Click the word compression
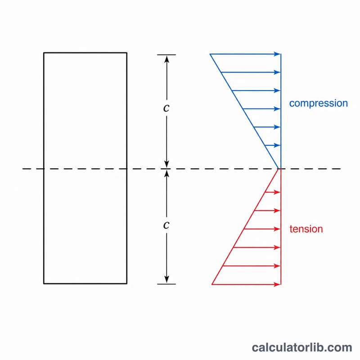[319, 103]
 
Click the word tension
[306, 229]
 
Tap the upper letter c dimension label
[166, 108]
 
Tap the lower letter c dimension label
[166, 225]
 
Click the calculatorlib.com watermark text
[302, 347]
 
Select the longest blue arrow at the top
[245, 54]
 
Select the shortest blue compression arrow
[273, 145]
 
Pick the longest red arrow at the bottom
[246, 284]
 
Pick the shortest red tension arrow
[273, 192]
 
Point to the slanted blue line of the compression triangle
[244, 111]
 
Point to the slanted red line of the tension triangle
[245, 227]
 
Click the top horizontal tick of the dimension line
[166, 55]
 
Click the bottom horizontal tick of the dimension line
[166, 284]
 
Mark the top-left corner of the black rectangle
[44, 53]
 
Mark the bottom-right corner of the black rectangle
[127, 283]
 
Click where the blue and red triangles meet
[279, 169]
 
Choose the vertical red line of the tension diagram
[281, 227]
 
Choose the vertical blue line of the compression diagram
[281, 111]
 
